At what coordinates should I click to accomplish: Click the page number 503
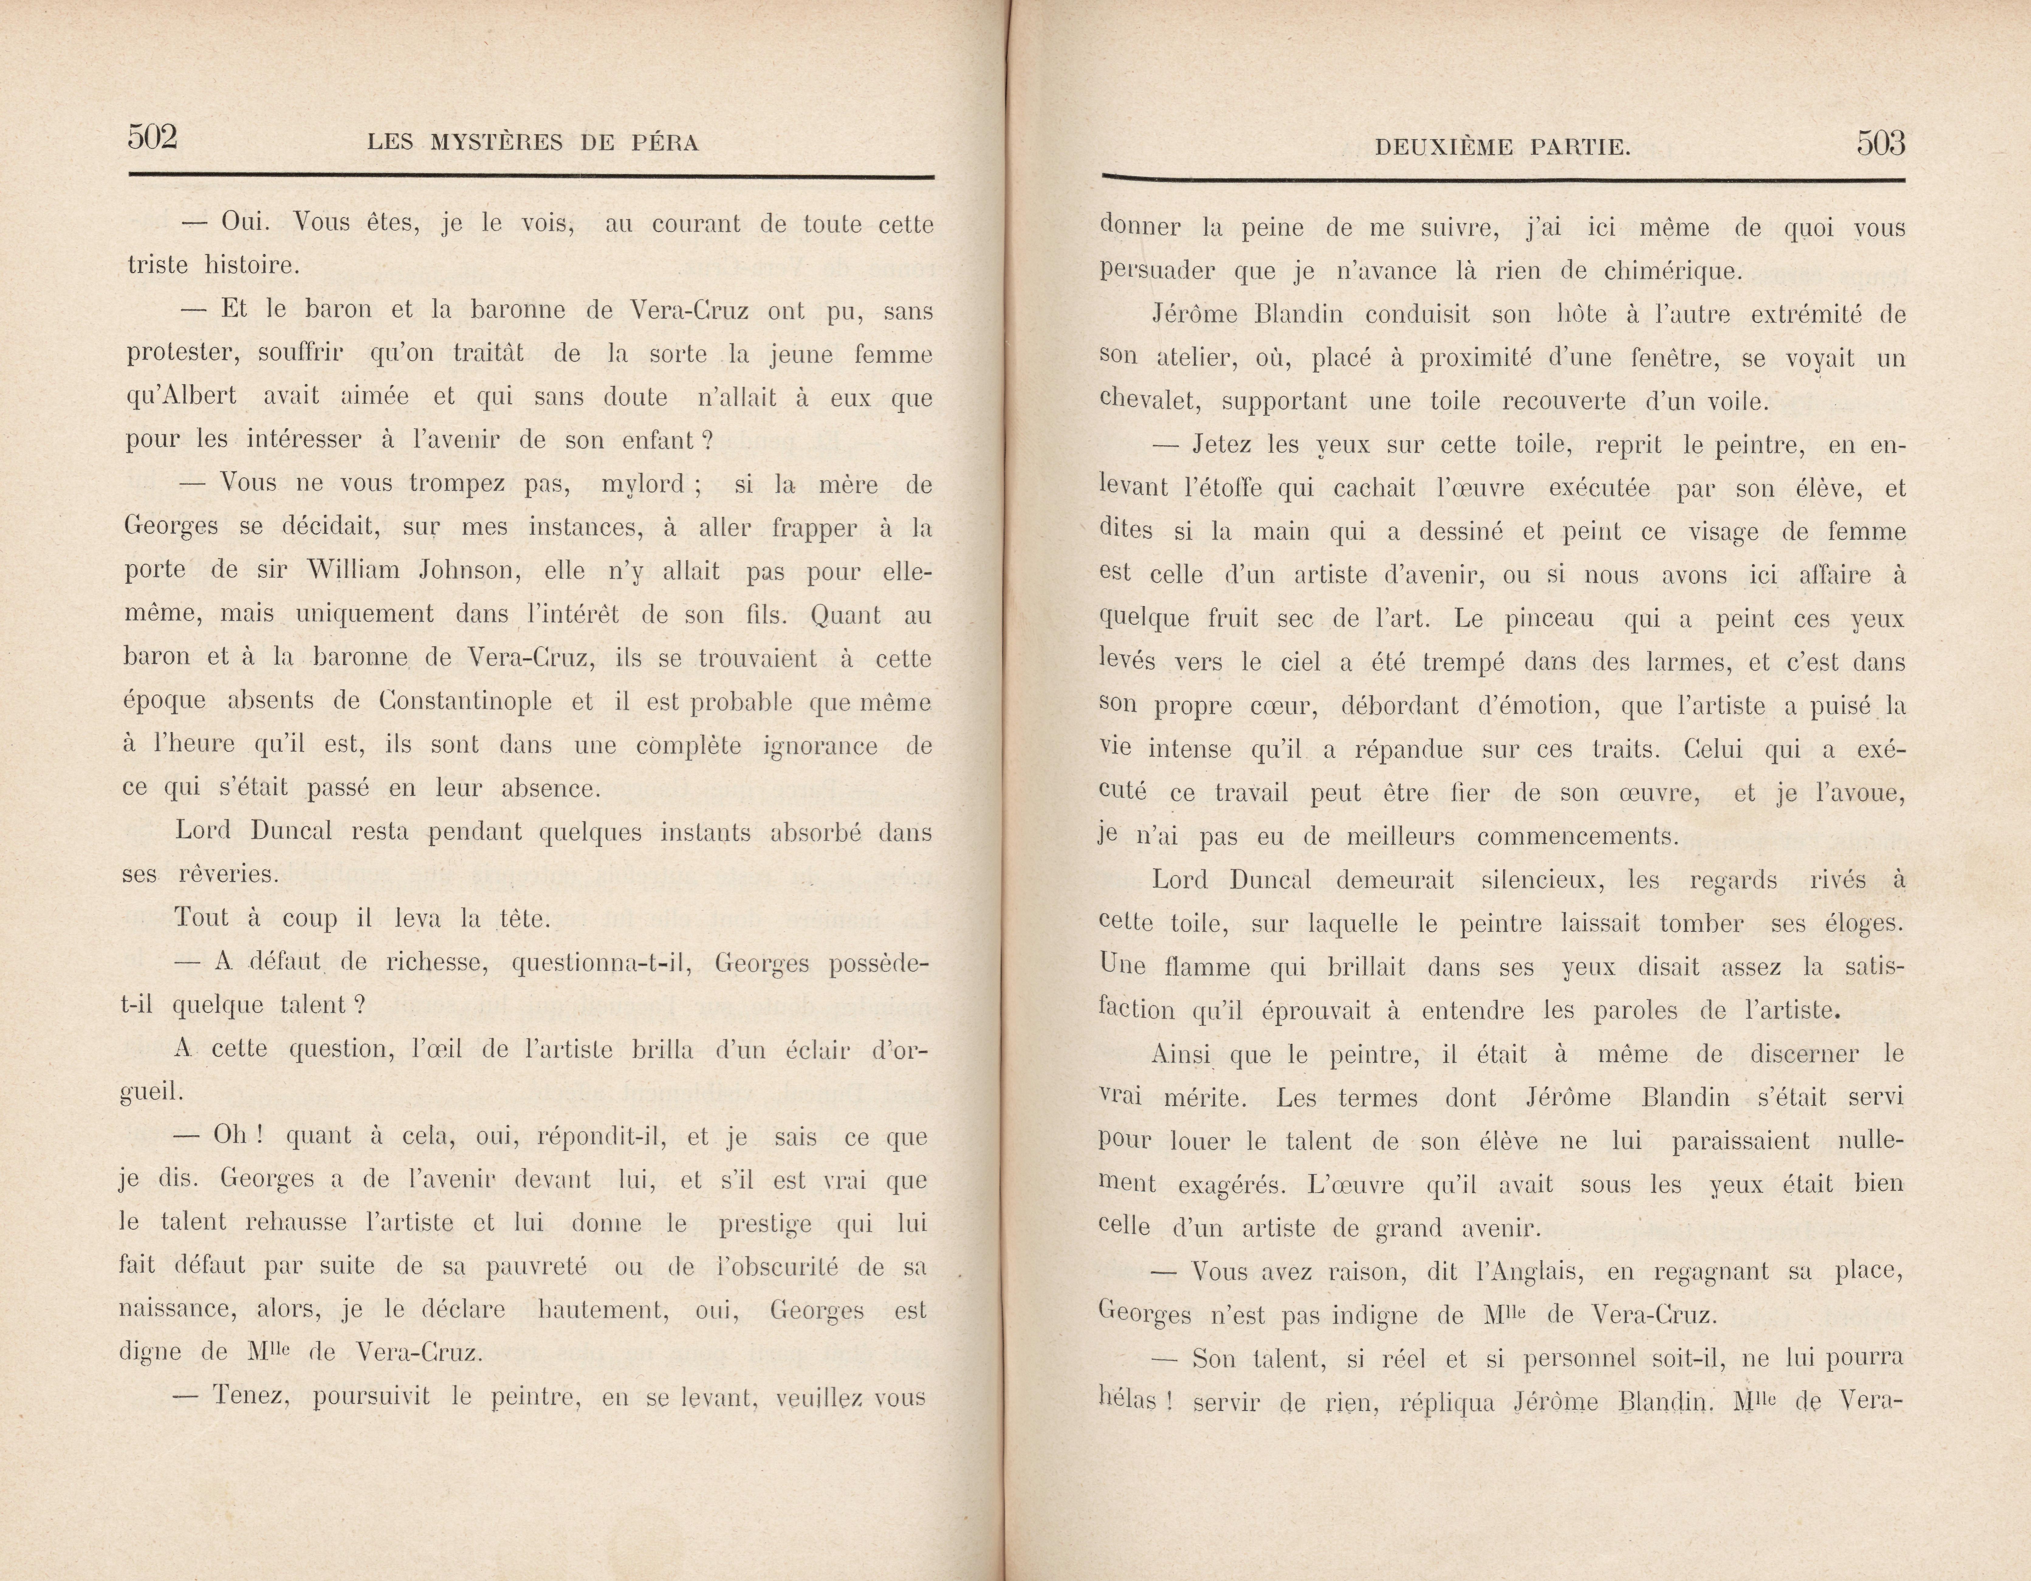(1880, 143)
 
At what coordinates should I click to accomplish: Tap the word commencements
(1577, 836)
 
